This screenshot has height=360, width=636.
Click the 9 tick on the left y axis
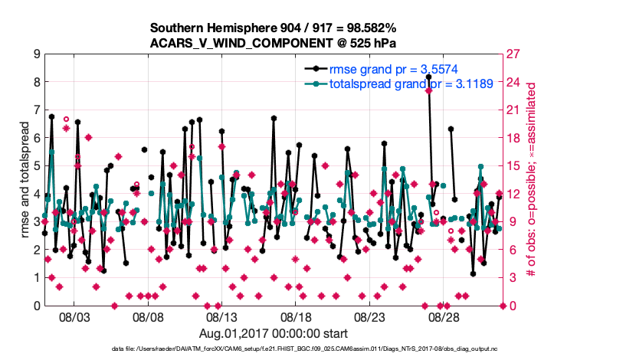tap(36, 54)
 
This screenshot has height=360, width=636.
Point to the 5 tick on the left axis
tap(36, 166)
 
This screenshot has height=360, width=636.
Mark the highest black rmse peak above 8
tap(428, 77)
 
